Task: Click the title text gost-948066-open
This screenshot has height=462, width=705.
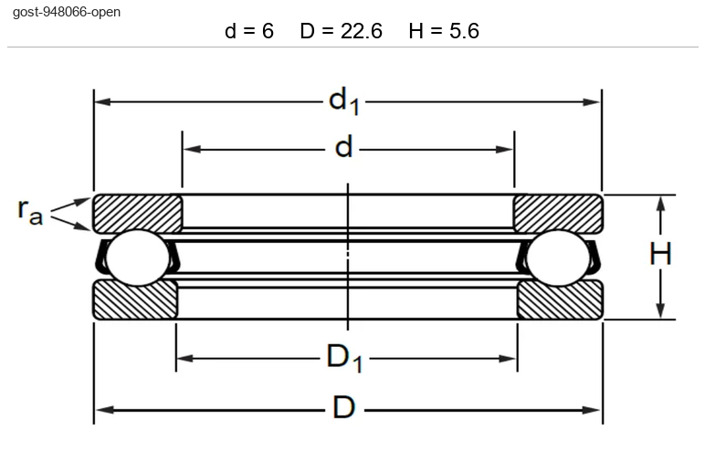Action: tap(67, 12)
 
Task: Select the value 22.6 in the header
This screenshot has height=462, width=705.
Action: tap(362, 31)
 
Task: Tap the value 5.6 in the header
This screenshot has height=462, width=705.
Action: tap(465, 31)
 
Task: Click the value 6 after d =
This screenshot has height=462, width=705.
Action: tap(268, 31)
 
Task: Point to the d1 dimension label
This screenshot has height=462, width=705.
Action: tap(344, 101)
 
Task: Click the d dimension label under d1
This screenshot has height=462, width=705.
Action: tap(344, 147)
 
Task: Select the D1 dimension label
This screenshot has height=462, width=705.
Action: tap(344, 358)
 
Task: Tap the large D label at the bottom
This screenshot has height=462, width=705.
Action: tap(344, 407)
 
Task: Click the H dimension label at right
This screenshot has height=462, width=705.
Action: tap(660, 254)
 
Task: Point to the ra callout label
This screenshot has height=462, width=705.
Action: tap(30, 210)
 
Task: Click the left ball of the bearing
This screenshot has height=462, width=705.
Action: tap(138, 258)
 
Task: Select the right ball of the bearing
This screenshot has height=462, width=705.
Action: tap(558, 258)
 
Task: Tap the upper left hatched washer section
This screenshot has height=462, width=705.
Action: tap(138, 213)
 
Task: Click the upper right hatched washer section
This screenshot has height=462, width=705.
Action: tap(558, 213)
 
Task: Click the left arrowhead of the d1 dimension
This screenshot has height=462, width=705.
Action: tap(102, 101)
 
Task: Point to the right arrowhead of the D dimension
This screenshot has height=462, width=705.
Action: tap(592, 410)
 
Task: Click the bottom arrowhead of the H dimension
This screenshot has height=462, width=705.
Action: tap(660, 310)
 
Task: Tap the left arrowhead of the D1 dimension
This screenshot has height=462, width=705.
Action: tap(184, 358)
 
